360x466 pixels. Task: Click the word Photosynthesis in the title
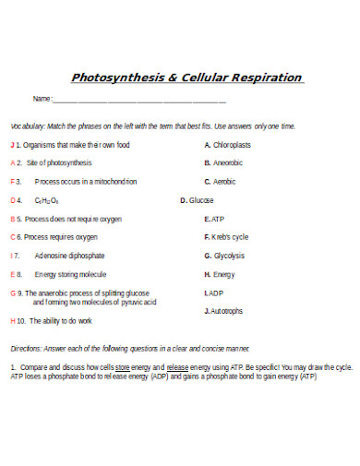(x=116, y=78)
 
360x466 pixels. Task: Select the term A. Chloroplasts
(x=227, y=145)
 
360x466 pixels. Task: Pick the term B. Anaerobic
(x=223, y=163)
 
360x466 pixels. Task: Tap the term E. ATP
(x=214, y=219)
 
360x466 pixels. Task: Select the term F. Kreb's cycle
(x=226, y=237)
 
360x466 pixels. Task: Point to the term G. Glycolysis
(x=224, y=256)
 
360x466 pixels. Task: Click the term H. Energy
(x=220, y=274)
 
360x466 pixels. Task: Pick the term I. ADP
(x=213, y=293)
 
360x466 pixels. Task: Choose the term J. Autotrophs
(x=223, y=311)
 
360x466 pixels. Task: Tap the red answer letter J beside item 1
(x=12, y=145)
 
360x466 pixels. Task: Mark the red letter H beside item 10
(x=12, y=321)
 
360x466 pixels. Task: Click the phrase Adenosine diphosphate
(x=69, y=256)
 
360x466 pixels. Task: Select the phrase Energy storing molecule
(x=70, y=274)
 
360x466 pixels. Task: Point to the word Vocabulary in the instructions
(x=27, y=125)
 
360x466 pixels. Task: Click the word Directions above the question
(x=27, y=348)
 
